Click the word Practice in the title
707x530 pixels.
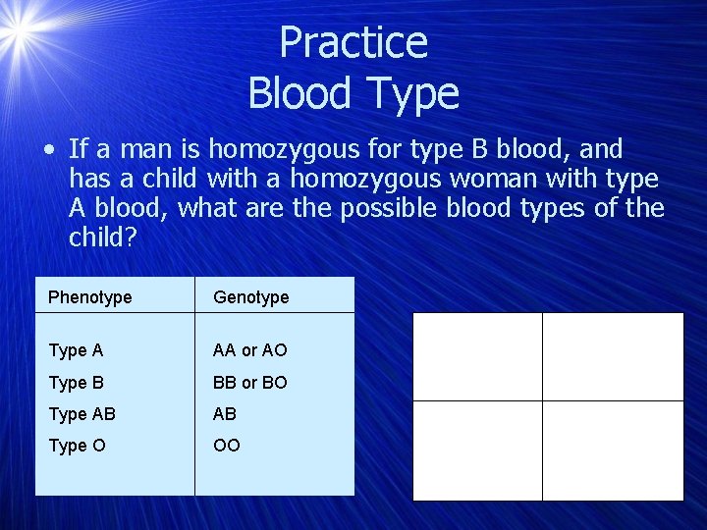point(353,43)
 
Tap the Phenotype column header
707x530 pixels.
point(89,296)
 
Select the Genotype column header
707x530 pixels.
point(250,296)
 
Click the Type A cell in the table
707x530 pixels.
point(76,350)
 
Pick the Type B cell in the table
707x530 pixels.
point(76,382)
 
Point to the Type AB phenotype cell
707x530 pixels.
point(82,414)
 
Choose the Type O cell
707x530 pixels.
point(76,446)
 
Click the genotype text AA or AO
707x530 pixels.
point(250,350)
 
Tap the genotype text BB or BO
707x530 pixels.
point(250,382)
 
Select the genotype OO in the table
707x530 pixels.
point(226,446)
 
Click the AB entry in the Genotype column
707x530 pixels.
point(225,414)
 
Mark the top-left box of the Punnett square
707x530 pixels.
point(477,356)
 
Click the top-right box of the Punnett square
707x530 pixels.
point(614,356)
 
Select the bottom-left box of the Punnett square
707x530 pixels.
point(477,450)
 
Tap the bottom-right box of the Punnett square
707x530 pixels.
point(614,450)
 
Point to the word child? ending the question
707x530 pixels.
point(103,238)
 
